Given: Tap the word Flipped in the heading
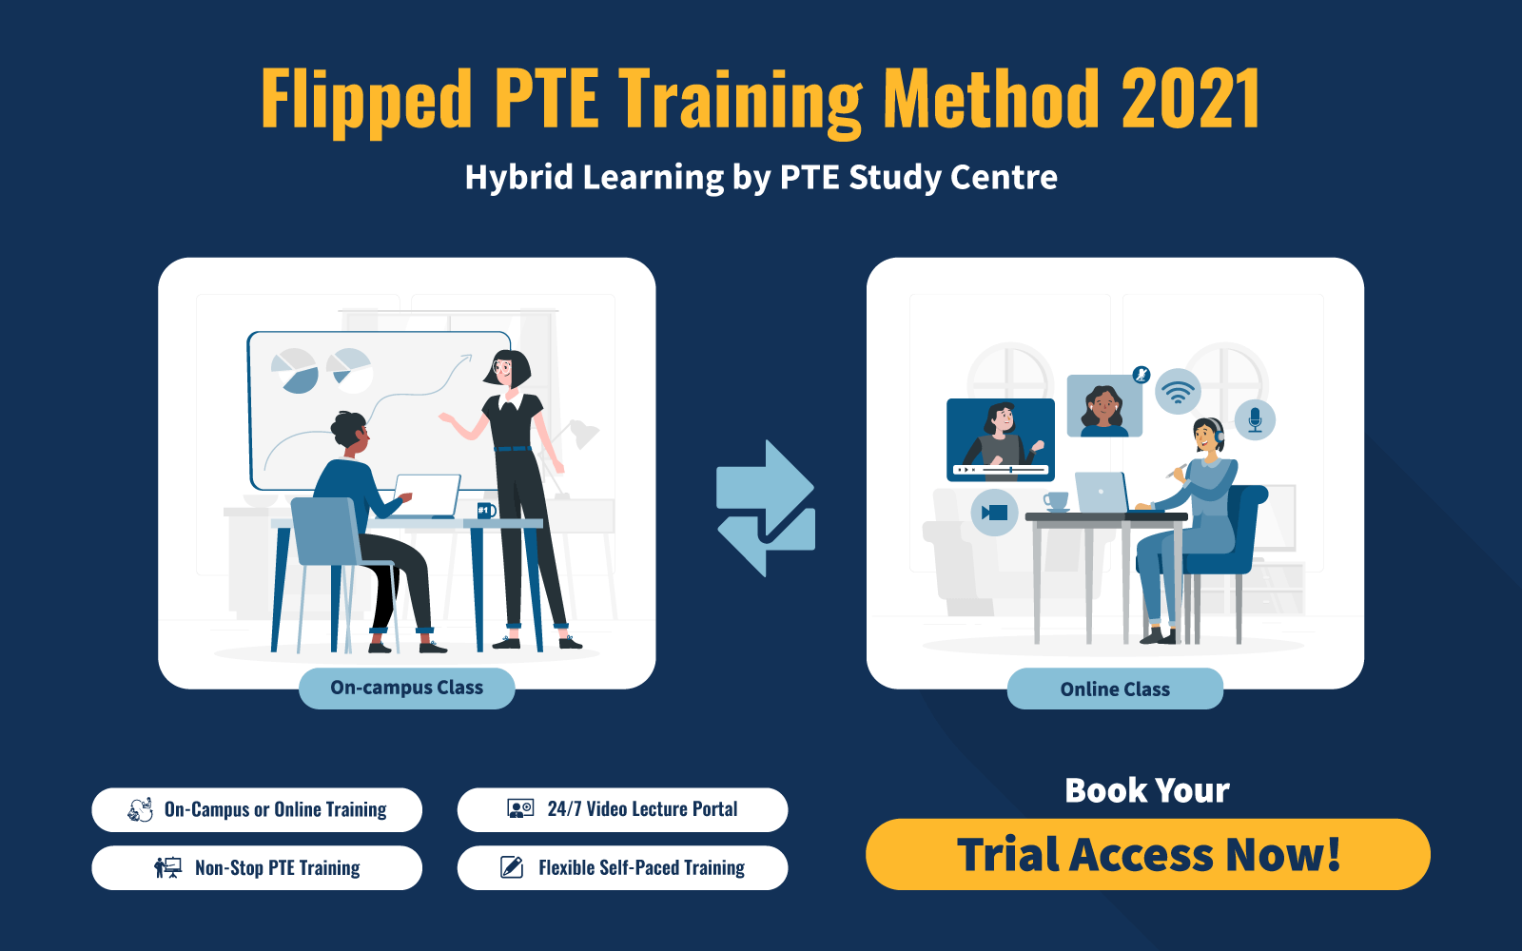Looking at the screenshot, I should (x=366, y=100).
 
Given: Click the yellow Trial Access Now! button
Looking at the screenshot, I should (x=1147, y=854).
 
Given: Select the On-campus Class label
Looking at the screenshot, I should (x=406, y=688).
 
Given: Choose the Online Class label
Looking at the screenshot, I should (x=1115, y=689).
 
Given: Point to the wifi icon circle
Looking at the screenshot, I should (x=1178, y=391).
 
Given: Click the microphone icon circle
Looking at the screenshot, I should (x=1255, y=419).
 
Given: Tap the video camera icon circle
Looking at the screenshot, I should (x=994, y=513).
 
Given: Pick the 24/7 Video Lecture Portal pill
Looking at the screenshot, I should (x=622, y=809).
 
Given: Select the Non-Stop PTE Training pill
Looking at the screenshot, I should (x=257, y=867).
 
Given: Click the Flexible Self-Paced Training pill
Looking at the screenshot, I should (x=622, y=867).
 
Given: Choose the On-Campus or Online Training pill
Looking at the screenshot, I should (x=257, y=809).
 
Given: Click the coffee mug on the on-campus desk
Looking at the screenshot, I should (x=485, y=511).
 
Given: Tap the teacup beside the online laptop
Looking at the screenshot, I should (x=1055, y=500).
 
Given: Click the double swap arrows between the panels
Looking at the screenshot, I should (x=766, y=508).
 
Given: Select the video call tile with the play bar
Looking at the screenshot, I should (x=1001, y=438).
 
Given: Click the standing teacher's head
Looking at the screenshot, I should (x=508, y=368).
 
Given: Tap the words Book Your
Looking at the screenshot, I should (x=1147, y=790).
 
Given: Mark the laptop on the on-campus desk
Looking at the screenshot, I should (x=426, y=495).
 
